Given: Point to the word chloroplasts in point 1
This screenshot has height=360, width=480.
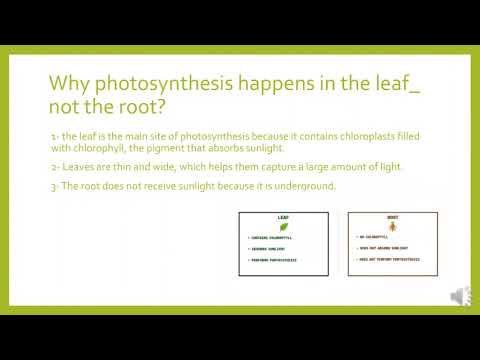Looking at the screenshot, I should click(346, 133).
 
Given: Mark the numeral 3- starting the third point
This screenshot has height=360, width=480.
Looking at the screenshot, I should click(54, 186).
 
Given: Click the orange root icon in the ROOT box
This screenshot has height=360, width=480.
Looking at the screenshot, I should click(393, 226).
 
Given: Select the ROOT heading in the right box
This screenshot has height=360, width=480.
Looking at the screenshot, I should click(393, 216).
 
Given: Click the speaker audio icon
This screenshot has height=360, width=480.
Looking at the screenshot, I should click(459, 296).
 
